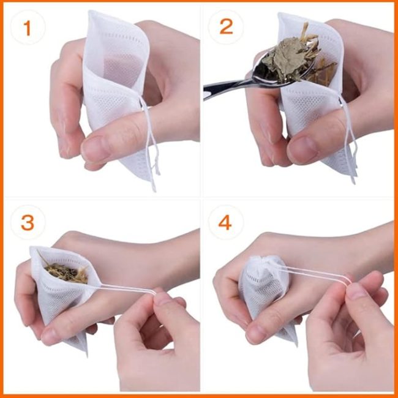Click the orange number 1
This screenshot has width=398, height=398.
click(x=27, y=28)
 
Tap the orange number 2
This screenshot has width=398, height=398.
click(x=226, y=27)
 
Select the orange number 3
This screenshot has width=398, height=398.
click(x=28, y=223)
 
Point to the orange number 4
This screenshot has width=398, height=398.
click(x=225, y=223)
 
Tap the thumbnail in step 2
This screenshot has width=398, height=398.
click(x=303, y=148)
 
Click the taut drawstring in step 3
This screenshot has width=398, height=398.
click(x=127, y=290)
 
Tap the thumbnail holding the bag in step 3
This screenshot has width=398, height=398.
click(x=53, y=336)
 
